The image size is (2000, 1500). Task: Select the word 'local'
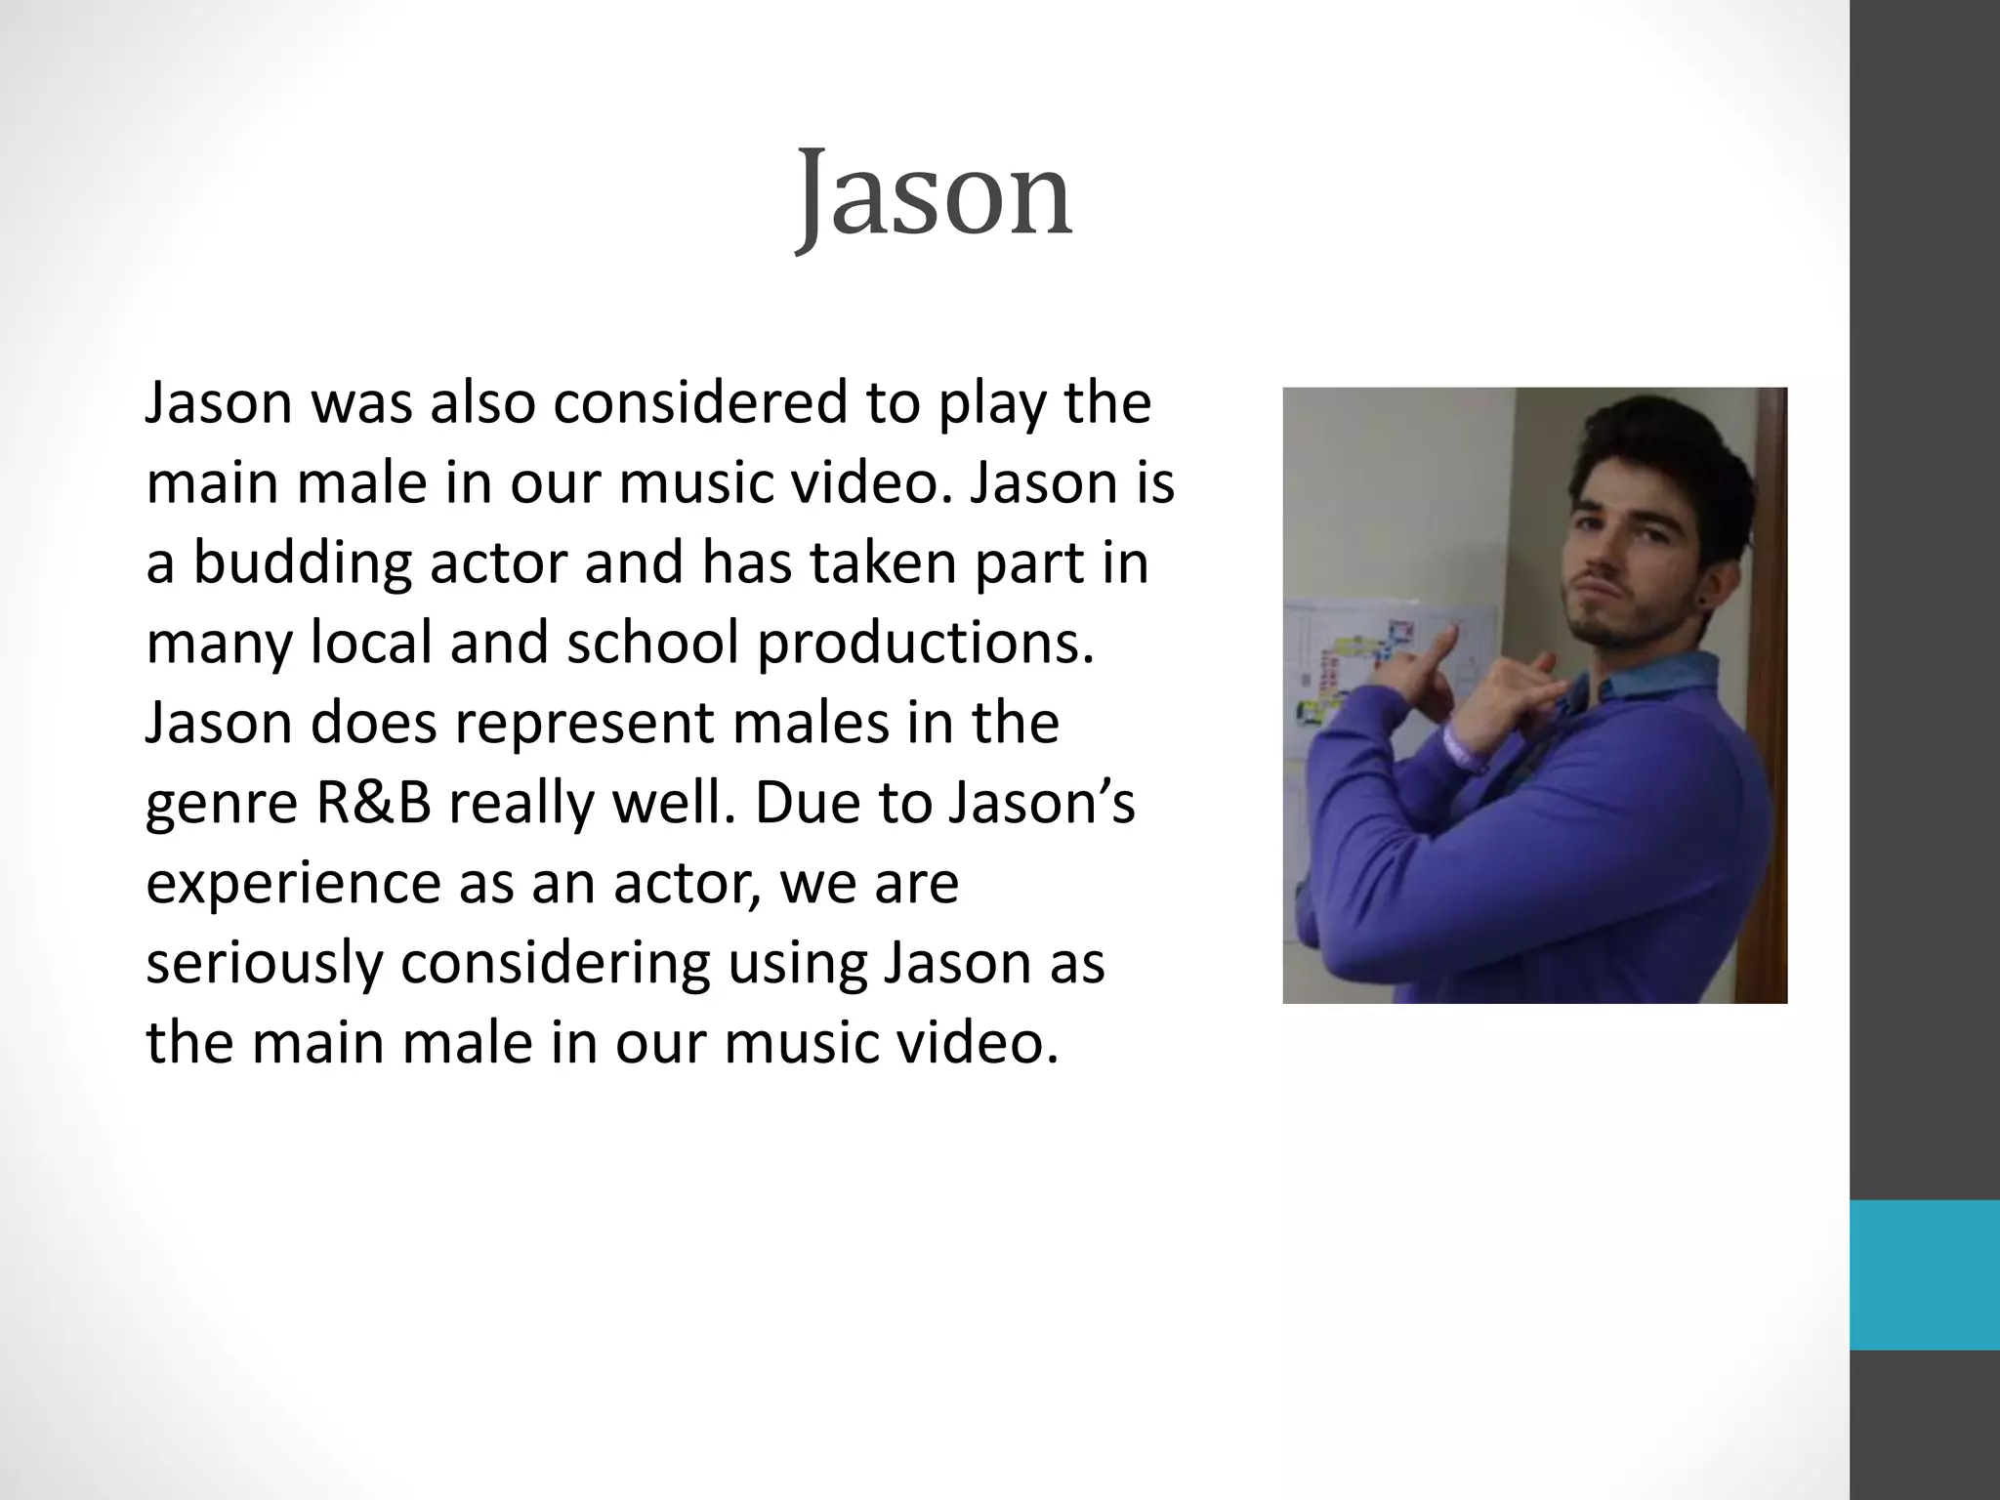tap(371, 644)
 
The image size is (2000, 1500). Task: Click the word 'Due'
tap(800, 804)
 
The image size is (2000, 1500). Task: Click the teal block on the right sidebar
tap(1924, 1274)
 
